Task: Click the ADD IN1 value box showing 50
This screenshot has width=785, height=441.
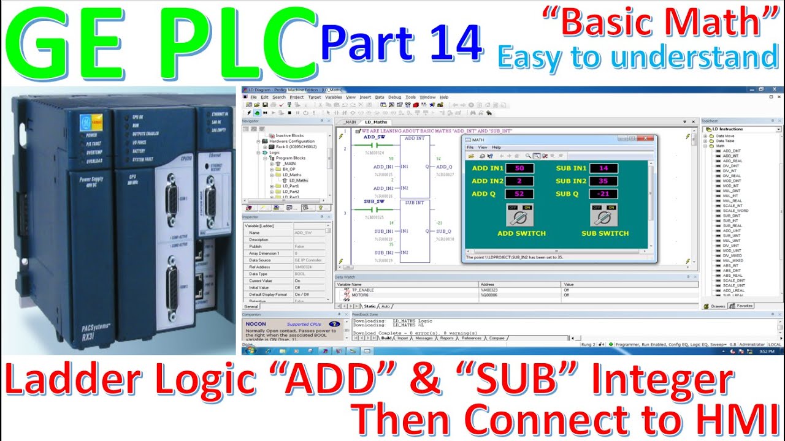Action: coord(519,168)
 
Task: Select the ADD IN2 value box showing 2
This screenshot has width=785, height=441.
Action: coord(519,181)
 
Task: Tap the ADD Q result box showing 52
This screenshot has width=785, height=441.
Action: coord(519,194)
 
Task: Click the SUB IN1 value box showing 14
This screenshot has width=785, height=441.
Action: coord(603,168)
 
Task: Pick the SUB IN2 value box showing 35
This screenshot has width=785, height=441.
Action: coord(603,181)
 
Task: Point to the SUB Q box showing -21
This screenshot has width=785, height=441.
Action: coord(603,194)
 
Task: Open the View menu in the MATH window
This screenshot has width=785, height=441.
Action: coord(483,148)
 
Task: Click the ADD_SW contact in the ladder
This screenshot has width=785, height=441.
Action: coord(374,145)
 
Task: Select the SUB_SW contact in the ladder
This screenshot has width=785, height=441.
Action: coord(374,209)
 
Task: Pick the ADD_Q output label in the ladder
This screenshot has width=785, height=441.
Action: coord(444,167)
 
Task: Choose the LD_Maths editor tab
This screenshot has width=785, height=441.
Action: coord(376,122)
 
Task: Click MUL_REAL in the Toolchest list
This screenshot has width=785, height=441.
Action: coord(732,201)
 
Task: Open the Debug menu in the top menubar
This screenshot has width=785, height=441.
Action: coord(394,97)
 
